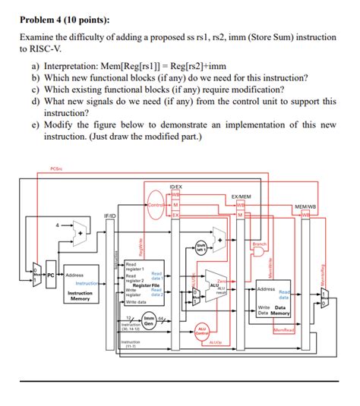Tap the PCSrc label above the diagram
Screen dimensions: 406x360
click(55, 168)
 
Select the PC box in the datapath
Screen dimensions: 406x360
click(50, 275)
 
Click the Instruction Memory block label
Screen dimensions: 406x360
click(80, 295)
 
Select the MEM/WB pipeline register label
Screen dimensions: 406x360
click(306, 206)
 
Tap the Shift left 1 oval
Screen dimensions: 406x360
click(201, 247)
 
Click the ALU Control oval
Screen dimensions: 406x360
click(203, 331)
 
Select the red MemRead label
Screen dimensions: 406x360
click(283, 330)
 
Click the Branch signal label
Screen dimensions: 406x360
click(260, 244)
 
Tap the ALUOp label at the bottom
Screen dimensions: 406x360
click(215, 342)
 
